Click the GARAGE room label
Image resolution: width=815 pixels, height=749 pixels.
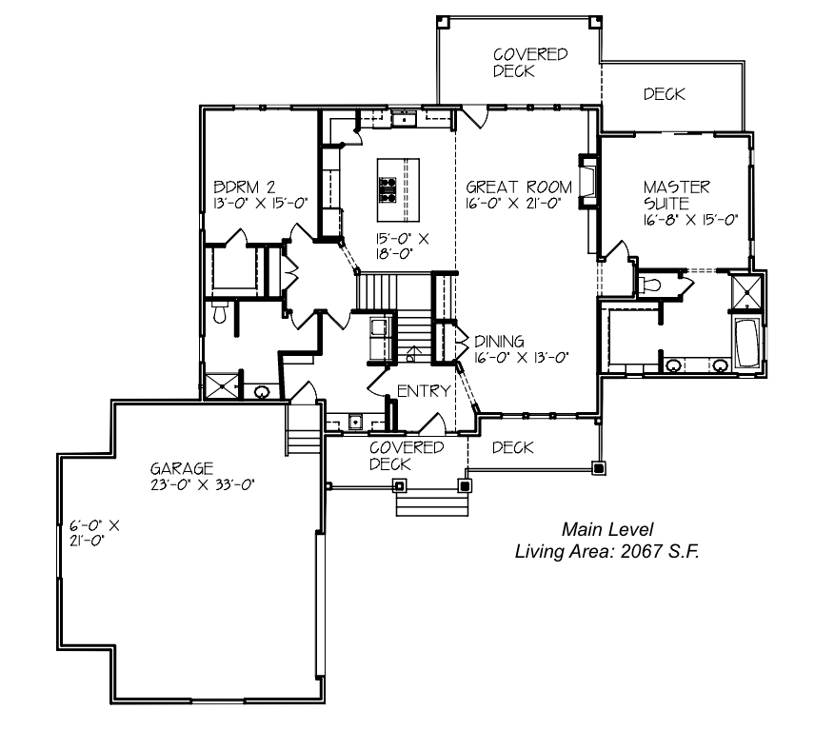[x=182, y=468]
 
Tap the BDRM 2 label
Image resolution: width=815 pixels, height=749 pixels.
[x=245, y=187]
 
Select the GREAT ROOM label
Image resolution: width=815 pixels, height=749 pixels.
[x=519, y=187]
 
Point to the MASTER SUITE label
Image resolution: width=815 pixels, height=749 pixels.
[x=676, y=195]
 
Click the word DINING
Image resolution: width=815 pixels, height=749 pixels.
[x=499, y=342]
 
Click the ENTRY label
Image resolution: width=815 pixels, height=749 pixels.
[x=424, y=390]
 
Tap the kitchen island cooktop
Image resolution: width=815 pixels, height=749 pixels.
[x=388, y=189]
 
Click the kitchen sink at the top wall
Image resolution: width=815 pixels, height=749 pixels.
[x=404, y=120]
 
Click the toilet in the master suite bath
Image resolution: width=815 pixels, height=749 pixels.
[x=650, y=285]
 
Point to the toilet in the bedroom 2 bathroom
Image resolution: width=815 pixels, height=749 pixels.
[x=220, y=312]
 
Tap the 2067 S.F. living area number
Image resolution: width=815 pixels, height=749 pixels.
[x=660, y=551]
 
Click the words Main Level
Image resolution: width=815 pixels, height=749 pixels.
[x=607, y=529]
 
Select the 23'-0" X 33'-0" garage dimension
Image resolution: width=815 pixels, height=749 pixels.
[x=202, y=485]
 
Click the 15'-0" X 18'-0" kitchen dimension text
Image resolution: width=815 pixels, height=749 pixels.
[x=403, y=246]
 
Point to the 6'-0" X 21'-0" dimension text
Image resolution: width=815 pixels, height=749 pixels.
[x=94, y=533]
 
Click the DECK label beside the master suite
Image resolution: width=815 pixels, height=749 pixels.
[x=665, y=94]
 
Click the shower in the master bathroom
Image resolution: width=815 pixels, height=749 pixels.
[x=746, y=292]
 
